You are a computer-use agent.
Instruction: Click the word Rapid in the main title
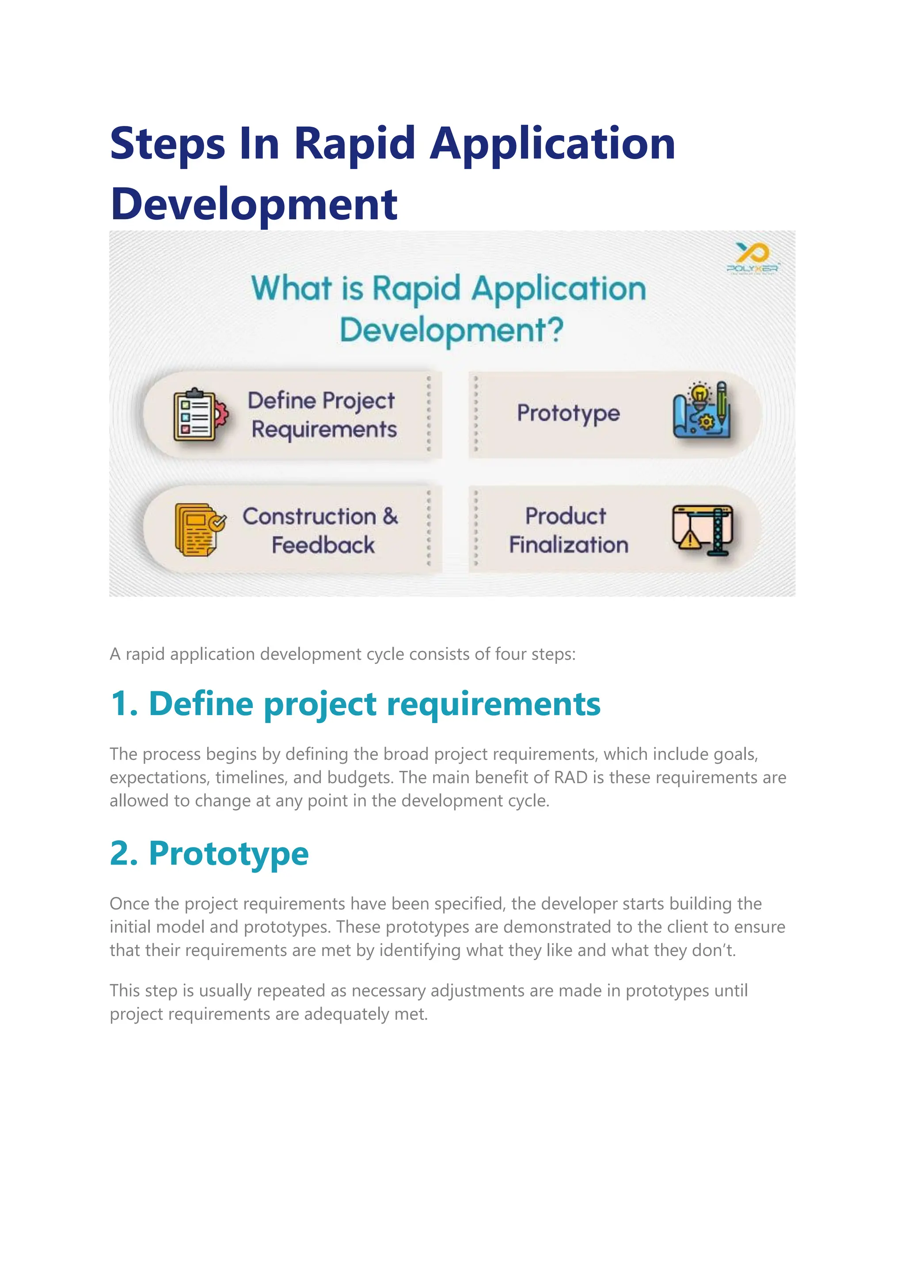354,143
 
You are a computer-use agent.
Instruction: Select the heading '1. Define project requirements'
355,704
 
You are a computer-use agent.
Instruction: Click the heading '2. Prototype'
209,853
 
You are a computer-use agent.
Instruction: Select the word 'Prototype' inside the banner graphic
568,413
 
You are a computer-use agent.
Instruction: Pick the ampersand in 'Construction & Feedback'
390,516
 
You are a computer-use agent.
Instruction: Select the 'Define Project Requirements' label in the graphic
323,415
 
